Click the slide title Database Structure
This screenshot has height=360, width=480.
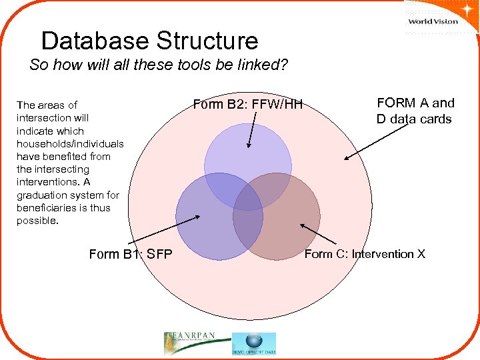(x=149, y=41)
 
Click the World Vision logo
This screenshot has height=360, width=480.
(x=433, y=20)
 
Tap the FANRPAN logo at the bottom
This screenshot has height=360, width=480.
(x=194, y=342)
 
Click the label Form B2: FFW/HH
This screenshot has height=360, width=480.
(x=247, y=104)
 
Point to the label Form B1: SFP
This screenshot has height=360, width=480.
(x=130, y=253)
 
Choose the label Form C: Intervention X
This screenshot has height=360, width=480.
(x=365, y=254)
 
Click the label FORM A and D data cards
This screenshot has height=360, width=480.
(x=415, y=111)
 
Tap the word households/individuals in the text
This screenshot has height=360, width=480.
(x=70, y=143)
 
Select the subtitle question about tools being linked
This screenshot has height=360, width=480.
(x=158, y=66)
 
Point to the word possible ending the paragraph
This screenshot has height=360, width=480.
(x=37, y=221)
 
